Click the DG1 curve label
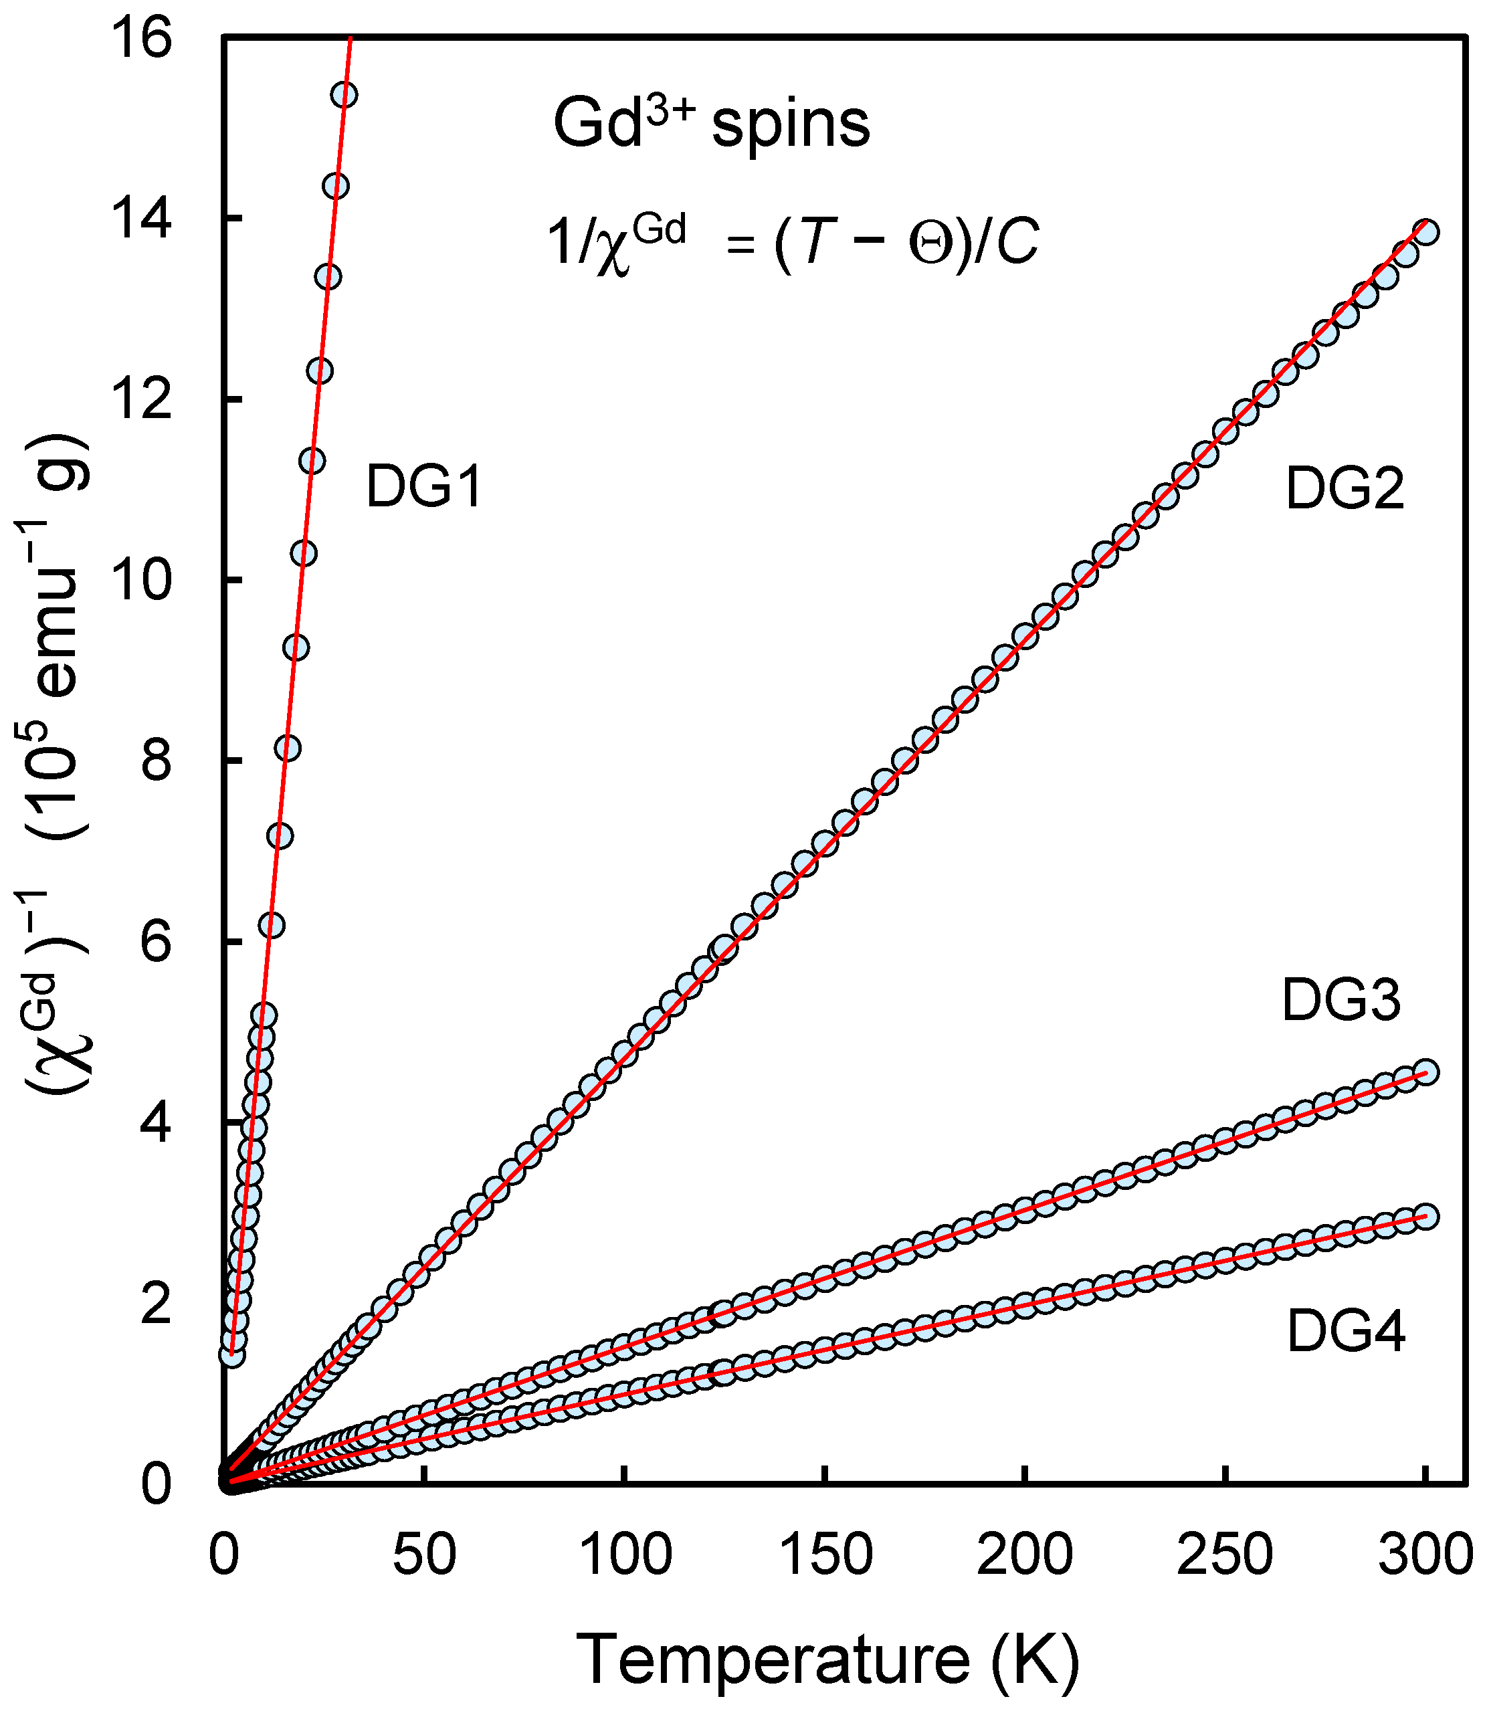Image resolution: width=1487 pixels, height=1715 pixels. tap(424, 487)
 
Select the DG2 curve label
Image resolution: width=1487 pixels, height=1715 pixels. tap(1345, 489)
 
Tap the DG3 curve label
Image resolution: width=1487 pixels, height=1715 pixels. tap(1341, 1000)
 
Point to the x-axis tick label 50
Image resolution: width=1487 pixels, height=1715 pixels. tap(424, 1554)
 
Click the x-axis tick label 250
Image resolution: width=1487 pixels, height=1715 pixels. tap(1225, 1554)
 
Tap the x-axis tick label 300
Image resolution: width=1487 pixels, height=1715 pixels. tap(1425, 1554)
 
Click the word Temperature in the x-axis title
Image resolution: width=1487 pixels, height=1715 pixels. tap(772, 1660)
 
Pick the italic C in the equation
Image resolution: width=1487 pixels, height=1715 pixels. tap(1017, 244)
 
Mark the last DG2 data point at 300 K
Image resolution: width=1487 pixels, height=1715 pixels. tap(1425, 232)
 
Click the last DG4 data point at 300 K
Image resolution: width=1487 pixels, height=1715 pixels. tap(1425, 1216)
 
